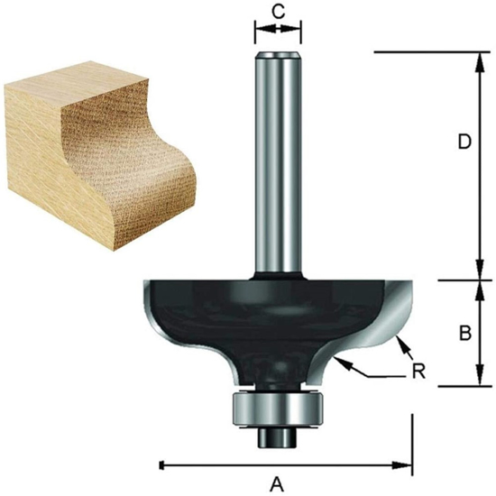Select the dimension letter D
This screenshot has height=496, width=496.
point(464,142)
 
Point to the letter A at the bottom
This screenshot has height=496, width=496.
point(278,484)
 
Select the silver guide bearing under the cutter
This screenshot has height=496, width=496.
point(277,407)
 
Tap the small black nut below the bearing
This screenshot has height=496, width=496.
point(277,435)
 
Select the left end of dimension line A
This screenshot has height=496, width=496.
point(161,465)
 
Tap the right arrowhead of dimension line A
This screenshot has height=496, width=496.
point(406,465)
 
